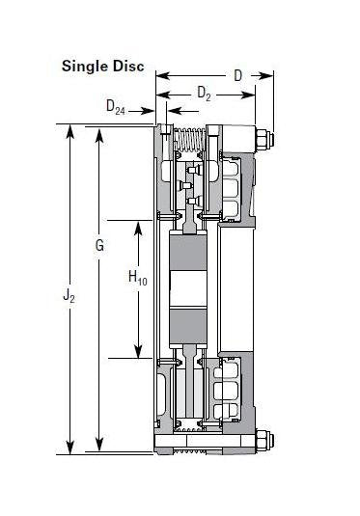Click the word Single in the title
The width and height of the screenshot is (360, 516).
coord(84,67)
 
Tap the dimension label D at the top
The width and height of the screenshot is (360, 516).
coord(237,75)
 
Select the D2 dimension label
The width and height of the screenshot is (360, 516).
coord(205,94)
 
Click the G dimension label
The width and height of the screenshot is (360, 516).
coord(99,246)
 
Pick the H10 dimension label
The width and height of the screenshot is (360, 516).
coord(138,279)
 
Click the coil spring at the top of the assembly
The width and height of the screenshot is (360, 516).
coord(188,149)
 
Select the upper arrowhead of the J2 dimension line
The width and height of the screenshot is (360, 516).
coord(69,129)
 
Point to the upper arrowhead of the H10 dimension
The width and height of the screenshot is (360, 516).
coord(139,226)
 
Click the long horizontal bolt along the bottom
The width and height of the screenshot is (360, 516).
coord(208,445)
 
